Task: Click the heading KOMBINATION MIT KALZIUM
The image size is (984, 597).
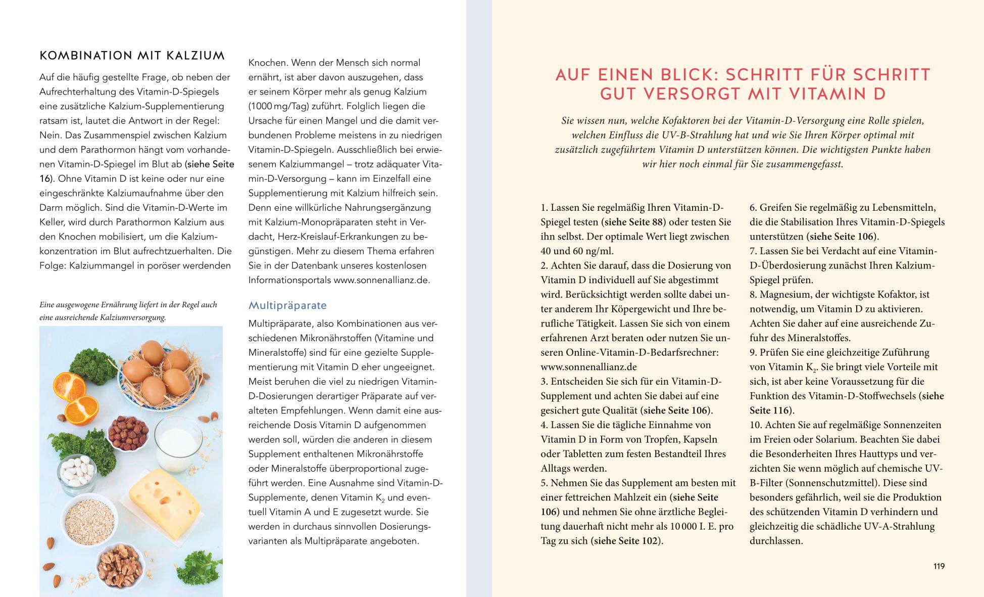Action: [132, 56]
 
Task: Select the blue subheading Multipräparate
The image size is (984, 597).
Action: [287, 305]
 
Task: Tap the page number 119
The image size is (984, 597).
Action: [939, 566]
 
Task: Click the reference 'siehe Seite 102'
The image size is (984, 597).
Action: [626, 541]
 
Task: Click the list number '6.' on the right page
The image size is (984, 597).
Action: [753, 207]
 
